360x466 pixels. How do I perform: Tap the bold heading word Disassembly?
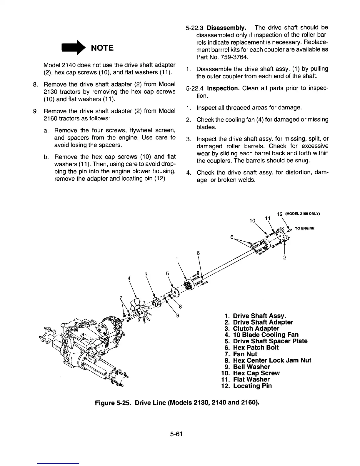click(x=226, y=28)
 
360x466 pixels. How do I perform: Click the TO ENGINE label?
click(x=305, y=228)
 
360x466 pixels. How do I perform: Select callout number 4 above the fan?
click(x=129, y=278)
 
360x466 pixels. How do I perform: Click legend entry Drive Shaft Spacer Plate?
click(x=270, y=341)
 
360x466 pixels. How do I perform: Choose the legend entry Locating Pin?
click(x=252, y=386)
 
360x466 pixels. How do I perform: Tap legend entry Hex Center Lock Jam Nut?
click(x=272, y=360)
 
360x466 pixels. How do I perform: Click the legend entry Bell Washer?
click(x=251, y=367)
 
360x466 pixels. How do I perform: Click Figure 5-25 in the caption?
click(x=113, y=402)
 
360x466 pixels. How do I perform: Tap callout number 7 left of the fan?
click(x=121, y=298)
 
